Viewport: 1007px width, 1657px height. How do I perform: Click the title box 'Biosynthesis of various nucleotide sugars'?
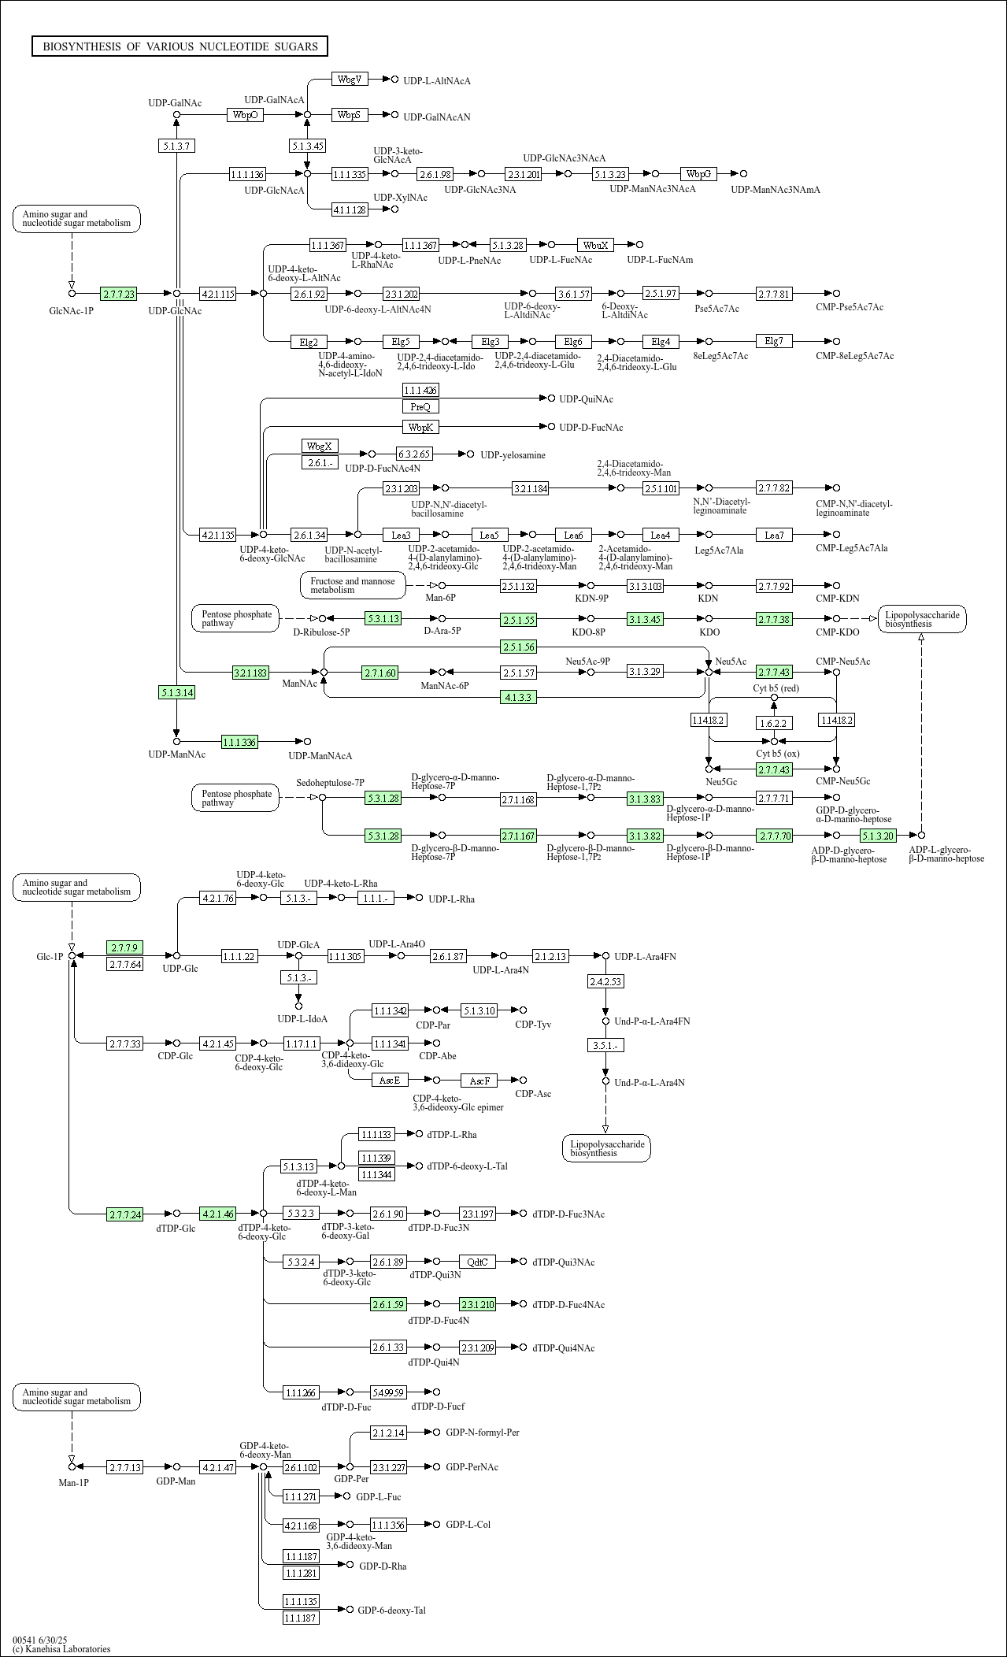click(180, 46)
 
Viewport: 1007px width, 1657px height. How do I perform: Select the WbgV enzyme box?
click(350, 79)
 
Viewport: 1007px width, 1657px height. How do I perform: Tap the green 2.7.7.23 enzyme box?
click(119, 294)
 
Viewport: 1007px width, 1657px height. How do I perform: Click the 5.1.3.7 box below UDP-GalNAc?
click(176, 146)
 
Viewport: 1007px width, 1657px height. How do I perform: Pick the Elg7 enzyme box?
click(774, 341)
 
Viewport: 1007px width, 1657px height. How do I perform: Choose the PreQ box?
click(420, 406)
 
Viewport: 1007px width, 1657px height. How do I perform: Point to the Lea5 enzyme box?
click(490, 535)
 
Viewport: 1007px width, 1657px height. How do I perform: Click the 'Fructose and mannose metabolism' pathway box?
click(353, 585)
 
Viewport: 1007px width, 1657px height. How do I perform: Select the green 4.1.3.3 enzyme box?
click(519, 697)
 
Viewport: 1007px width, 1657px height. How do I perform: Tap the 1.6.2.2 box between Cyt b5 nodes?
click(774, 722)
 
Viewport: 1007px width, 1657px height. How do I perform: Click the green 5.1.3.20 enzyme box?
click(878, 835)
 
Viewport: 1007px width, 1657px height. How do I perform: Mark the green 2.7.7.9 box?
click(125, 947)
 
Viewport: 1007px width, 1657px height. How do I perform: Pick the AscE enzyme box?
click(390, 1080)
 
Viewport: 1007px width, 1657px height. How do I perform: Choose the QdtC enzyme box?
click(477, 1262)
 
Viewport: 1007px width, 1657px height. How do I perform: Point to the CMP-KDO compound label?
click(838, 632)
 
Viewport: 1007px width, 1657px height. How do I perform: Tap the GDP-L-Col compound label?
click(468, 1524)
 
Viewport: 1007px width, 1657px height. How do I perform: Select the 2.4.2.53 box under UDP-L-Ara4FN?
click(605, 981)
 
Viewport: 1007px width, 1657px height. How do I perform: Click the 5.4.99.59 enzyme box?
click(389, 1392)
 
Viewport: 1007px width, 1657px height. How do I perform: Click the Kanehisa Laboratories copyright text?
click(61, 1648)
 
